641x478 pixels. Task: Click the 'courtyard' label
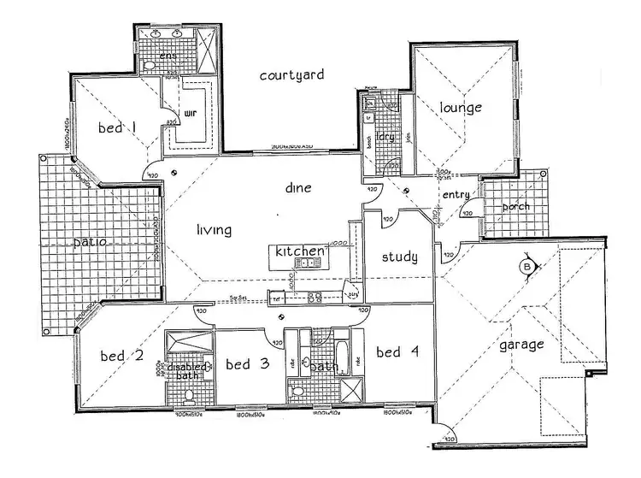click(291, 75)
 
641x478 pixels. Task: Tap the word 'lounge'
click(462, 108)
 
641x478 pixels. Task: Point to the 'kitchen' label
click(299, 251)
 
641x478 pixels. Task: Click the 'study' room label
click(398, 257)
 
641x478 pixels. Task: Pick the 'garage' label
click(521, 345)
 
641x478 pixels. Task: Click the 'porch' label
click(515, 206)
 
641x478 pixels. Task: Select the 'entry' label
click(456, 195)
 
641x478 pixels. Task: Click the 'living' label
click(215, 229)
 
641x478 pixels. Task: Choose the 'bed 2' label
click(122, 355)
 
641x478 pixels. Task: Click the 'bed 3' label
click(248, 364)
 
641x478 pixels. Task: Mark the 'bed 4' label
click(399, 351)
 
